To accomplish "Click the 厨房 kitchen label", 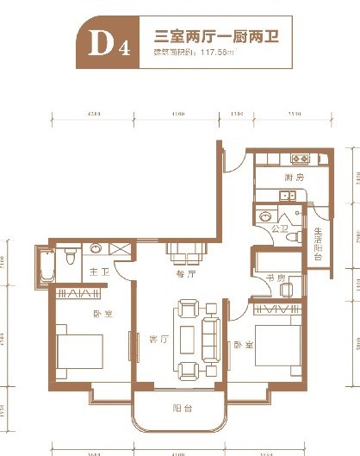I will (x=295, y=178).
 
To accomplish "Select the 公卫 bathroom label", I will (x=277, y=229).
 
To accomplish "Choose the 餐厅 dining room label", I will (x=187, y=273).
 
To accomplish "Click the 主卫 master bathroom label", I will (x=97, y=273).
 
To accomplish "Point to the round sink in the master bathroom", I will (x=96, y=248).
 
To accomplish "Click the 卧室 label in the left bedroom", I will (x=104, y=314).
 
